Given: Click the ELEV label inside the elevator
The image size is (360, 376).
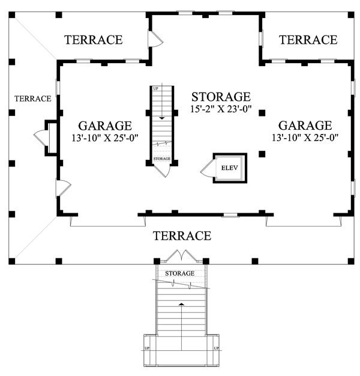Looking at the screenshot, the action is (x=229, y=168).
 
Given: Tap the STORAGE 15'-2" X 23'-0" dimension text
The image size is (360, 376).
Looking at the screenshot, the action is (x=221, y=109).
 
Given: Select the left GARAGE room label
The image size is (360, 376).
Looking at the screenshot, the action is (x=105, y=126).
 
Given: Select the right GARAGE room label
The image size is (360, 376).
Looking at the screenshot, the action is (x=305, y=126).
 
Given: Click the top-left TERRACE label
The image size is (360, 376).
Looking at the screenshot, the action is (x=94, y=40).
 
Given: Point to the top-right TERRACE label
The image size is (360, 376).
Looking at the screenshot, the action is (x=308, y=40).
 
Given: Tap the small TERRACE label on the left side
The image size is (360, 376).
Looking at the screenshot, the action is (x=33, y=99).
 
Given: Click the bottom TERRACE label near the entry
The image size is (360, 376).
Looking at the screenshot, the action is (x=182, y=235).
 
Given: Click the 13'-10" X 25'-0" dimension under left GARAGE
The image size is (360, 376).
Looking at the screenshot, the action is (x=106, y=138).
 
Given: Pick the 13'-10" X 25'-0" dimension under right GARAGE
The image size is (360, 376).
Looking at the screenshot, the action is (x=305, y=138).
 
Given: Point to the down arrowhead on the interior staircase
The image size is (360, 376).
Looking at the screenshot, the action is (x=162, y=118).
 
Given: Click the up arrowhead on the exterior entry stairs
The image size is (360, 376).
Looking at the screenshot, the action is (x=182, y=304).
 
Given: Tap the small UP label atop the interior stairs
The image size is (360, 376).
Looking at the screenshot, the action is (x=155, y=89).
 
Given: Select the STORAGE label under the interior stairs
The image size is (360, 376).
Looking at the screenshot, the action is (x=162, y=159).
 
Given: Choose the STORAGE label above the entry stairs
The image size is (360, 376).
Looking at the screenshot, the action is (x=179, y=273).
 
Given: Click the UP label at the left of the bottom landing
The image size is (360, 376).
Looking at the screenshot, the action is (x=147, y=348).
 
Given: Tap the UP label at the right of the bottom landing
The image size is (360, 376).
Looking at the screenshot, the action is (x=216, y=348).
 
